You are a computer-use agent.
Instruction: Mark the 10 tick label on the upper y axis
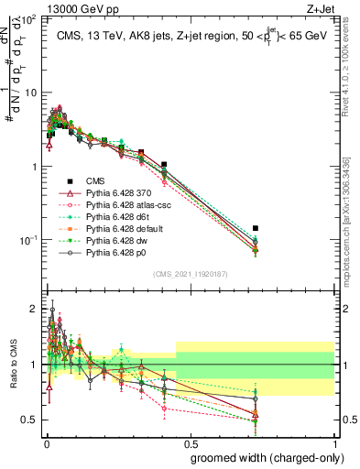30,93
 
